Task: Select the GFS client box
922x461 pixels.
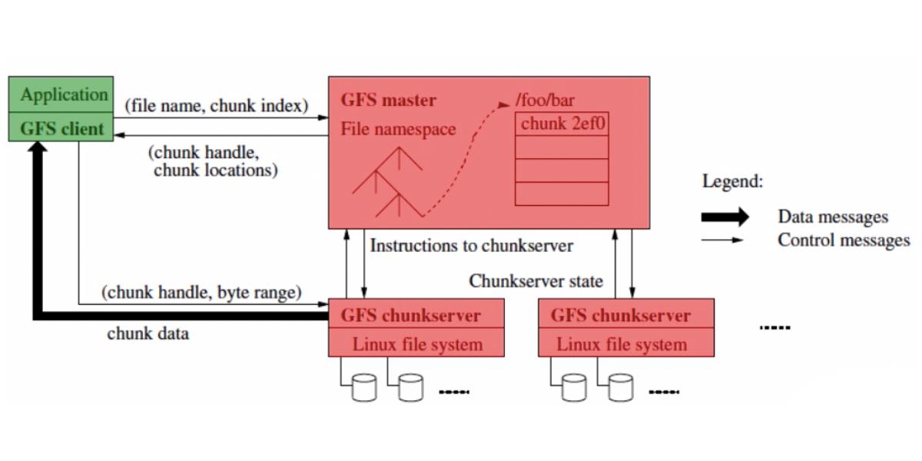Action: pos(61,128)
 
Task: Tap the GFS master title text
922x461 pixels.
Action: pos(389,100)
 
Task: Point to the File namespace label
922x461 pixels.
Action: pos(398,128)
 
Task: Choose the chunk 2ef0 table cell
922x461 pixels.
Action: pos(561,124)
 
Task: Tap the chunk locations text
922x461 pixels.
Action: pos(214,171)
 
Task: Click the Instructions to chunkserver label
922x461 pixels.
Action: pos(471,246)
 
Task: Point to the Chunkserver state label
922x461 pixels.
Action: pos(536,281)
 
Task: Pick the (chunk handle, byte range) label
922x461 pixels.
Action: pos(201,292)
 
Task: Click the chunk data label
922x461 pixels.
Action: pos(148,333)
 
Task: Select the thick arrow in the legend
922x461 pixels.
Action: pos(724,217)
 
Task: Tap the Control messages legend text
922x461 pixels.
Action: pos(843,240)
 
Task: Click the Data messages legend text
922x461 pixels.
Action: pos(833,217)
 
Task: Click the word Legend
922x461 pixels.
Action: pos(732,182)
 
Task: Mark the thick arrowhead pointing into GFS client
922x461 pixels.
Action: pos(35,150)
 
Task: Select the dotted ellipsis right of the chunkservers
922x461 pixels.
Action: pos(774,328)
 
